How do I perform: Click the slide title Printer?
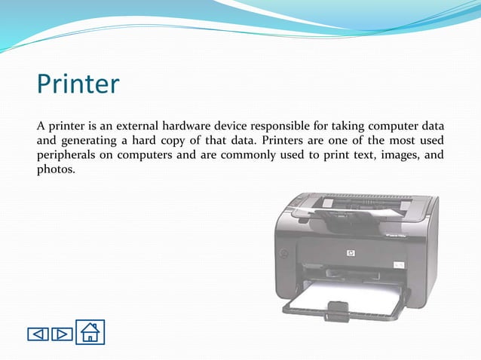(78, 84)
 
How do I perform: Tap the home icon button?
(90, 331)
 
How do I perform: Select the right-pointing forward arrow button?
(62, 333)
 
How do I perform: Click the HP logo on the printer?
(351, 254)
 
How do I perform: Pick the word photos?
(56, 170)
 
